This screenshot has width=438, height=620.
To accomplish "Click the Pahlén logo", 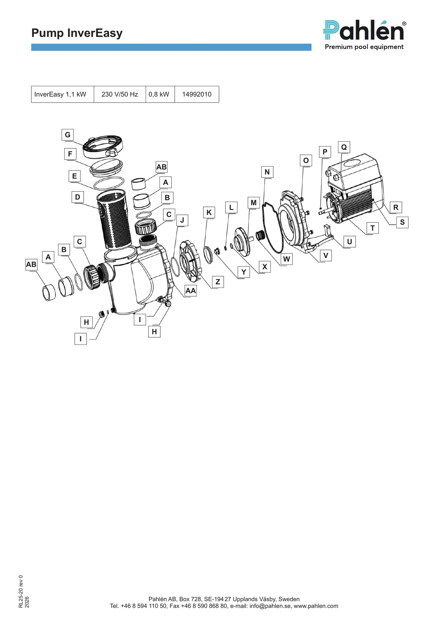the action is coord(364,35).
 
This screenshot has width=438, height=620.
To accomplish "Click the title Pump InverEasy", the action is coord(77,33).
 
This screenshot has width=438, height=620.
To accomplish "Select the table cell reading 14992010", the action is coord(197,94).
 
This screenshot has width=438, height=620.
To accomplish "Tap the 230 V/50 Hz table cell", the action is coord(120,94).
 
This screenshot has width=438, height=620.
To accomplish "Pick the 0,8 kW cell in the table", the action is coord(160,94).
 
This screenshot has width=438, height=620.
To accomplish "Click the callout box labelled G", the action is coord(68,135).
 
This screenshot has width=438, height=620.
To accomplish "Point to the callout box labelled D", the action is coord(77,197).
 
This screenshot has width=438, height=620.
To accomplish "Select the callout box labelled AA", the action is coord(191,290).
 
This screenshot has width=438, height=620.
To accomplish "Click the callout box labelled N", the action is coord(267,172).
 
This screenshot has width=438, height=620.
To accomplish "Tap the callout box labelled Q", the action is coord(344,147).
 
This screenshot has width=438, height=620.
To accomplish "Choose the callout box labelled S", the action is coord(402,222).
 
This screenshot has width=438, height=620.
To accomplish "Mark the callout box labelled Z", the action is coord(218,282).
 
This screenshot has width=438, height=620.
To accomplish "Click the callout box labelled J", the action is coord(182,220).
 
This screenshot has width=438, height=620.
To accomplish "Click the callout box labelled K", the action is coord(209,212).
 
